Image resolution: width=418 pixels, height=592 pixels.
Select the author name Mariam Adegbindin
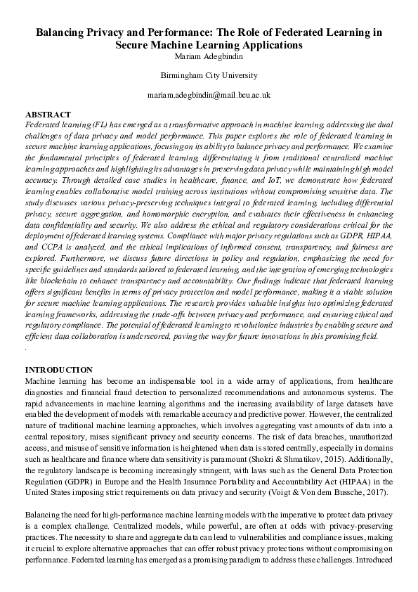(209, 56)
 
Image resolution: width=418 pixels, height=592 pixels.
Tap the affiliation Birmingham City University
(209, 75)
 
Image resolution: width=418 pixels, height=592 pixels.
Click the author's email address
(209, 94)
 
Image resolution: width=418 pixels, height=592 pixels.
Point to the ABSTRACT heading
(48, 114)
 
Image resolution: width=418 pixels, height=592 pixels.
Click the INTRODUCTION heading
(58, 370)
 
